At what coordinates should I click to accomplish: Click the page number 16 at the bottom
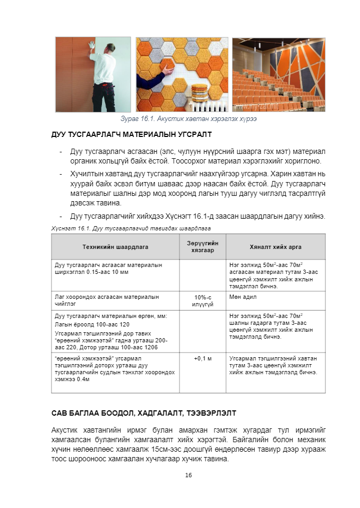(x=188, y=475)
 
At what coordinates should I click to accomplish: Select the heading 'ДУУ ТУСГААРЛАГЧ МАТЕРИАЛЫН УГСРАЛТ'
(x=131, y=134)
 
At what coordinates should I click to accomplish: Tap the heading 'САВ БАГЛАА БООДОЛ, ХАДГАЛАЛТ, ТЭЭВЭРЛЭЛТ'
(x=143, y=412)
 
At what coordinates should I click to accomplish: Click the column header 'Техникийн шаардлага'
(x=115, y=247)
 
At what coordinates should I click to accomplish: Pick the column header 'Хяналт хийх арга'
(x=276, y=247)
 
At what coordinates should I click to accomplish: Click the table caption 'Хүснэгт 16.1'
(x=131, y=228)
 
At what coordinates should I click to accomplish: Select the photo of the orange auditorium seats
(x=278, y=75)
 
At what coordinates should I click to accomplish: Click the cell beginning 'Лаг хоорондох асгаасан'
(x=115, y=300)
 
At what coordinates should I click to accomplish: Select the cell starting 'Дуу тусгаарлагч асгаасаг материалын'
(x=115, y=268)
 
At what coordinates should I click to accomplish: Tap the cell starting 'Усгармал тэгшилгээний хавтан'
(x=276, y=366)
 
